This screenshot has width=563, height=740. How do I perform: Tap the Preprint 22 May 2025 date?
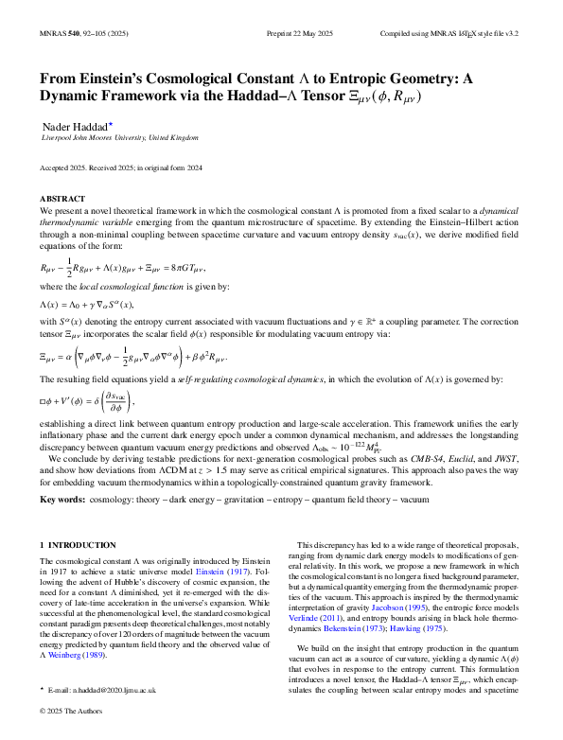pyautogui.click(x=281, y=31)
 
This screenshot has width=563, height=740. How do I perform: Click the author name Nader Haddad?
pyautogui.click(x=75, y=126)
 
